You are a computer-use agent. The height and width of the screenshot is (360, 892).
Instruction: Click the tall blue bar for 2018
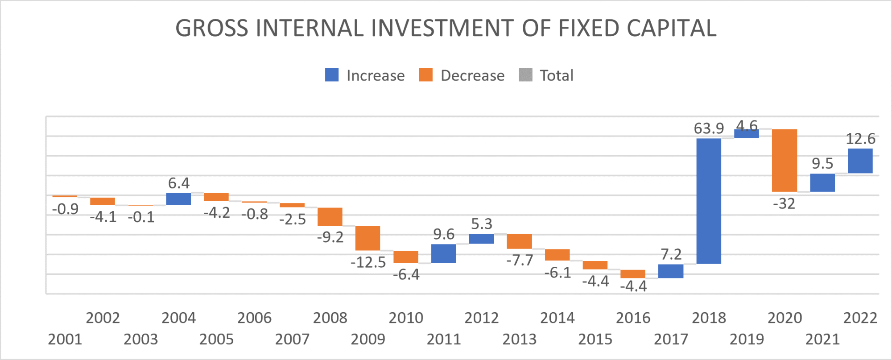[x=709, y=201]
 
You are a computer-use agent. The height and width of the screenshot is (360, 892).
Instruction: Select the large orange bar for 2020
[x=785, y=160]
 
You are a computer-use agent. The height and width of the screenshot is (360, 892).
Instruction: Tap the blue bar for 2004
[x=178, y=199]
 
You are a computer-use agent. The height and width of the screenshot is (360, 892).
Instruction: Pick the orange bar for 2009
[x=368, y=238]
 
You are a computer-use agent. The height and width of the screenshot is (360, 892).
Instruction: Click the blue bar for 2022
[x=860, y=161]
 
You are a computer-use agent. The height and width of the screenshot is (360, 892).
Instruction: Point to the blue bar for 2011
[x=444, y=253]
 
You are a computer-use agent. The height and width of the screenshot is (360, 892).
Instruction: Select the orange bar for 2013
[x=519, y=241]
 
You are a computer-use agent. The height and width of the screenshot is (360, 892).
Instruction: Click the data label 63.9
[x=709, y=128]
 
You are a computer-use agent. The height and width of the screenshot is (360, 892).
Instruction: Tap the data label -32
[x=784, y=204]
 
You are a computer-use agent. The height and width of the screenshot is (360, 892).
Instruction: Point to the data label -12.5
[x=368, y=262]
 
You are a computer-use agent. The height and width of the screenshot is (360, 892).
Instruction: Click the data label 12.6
[x=860, y=139]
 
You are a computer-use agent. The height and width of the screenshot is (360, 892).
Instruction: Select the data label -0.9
[x=65, y=209]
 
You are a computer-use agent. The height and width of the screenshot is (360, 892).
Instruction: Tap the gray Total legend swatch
[x=526, y=75]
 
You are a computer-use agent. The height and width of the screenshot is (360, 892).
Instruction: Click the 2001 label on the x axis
[x=65, y=339]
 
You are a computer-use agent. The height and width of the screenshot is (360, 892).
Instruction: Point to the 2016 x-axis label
[x=633, y=318]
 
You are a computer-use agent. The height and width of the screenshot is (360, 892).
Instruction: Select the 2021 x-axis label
[x=822, y=339]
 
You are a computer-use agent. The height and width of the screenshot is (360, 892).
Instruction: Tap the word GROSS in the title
[x=212, y=28]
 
